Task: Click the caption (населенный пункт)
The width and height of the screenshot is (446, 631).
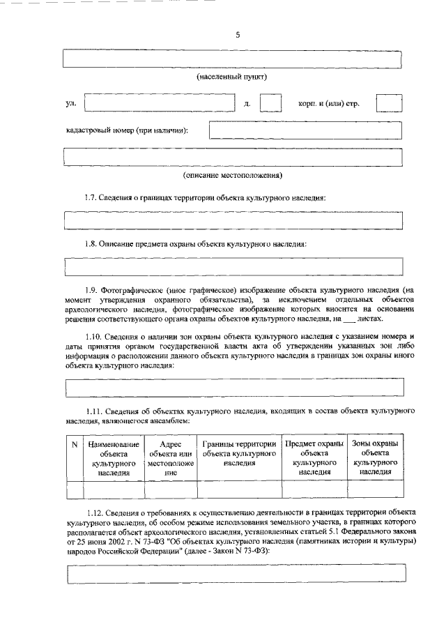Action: [233, 76]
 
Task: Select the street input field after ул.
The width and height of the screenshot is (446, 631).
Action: [160, 103]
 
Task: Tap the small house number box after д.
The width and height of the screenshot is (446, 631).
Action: [270, 103]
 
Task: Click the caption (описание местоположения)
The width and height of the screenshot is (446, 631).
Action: [233, 174]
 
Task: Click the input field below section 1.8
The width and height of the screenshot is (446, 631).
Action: [233, 266]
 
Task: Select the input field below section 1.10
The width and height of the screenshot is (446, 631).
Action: [233, 386]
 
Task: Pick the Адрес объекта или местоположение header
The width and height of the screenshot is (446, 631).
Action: [170, 457]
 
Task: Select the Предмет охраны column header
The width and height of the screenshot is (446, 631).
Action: [314, 457]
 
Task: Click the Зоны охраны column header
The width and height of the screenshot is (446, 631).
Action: [375, 457]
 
